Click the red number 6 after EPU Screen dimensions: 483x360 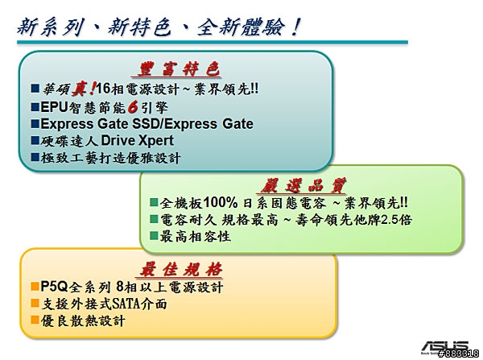(133, 107)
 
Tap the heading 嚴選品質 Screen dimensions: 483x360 (303, 185)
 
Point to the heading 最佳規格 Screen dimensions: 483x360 (181, 269)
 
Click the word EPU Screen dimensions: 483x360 (54, 107)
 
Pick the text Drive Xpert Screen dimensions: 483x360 (138, 141)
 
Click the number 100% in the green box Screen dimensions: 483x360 (221, 202)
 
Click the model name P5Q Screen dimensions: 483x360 (54, 287)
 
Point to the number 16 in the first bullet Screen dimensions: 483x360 (103, 89)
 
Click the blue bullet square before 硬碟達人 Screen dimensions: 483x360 (35, 141)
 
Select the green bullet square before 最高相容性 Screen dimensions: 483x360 (154, 236)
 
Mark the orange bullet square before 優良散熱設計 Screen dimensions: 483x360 (35, 320)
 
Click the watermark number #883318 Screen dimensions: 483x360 (458, 354)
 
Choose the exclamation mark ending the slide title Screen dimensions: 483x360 (295, 27)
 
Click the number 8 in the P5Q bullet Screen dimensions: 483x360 (121, 287)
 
